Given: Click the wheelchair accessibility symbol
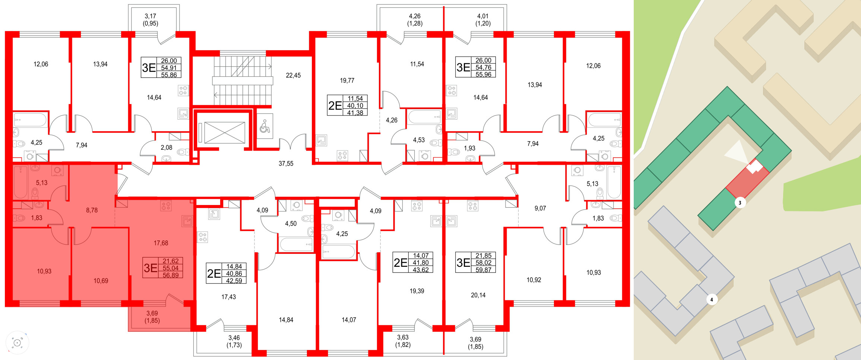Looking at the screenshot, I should (x=265, y=126).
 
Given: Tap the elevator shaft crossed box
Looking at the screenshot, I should (x=225, y=133).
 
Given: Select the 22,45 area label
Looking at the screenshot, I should (x=293, y=75).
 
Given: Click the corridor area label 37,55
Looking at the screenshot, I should (x=286, y=164).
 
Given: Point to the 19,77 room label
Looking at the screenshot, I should (x=347, y=80).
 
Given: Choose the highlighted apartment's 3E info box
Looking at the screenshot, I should (x=163, y=268).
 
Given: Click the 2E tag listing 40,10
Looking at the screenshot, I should (x=347, y=105).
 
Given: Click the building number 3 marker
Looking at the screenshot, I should (x=740, y=203).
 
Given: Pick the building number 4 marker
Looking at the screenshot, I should (x=712, y=299).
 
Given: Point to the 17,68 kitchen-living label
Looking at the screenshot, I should (x=161, y=243).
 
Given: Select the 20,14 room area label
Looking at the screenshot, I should (x=478, y=295).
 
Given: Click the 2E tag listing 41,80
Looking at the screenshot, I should (x=413, y=263).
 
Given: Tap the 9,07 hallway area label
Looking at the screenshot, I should (x=540, y=208).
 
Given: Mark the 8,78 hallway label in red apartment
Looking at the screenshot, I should (x=92, y=210).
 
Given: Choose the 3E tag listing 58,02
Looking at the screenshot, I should (x=475, y=263).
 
